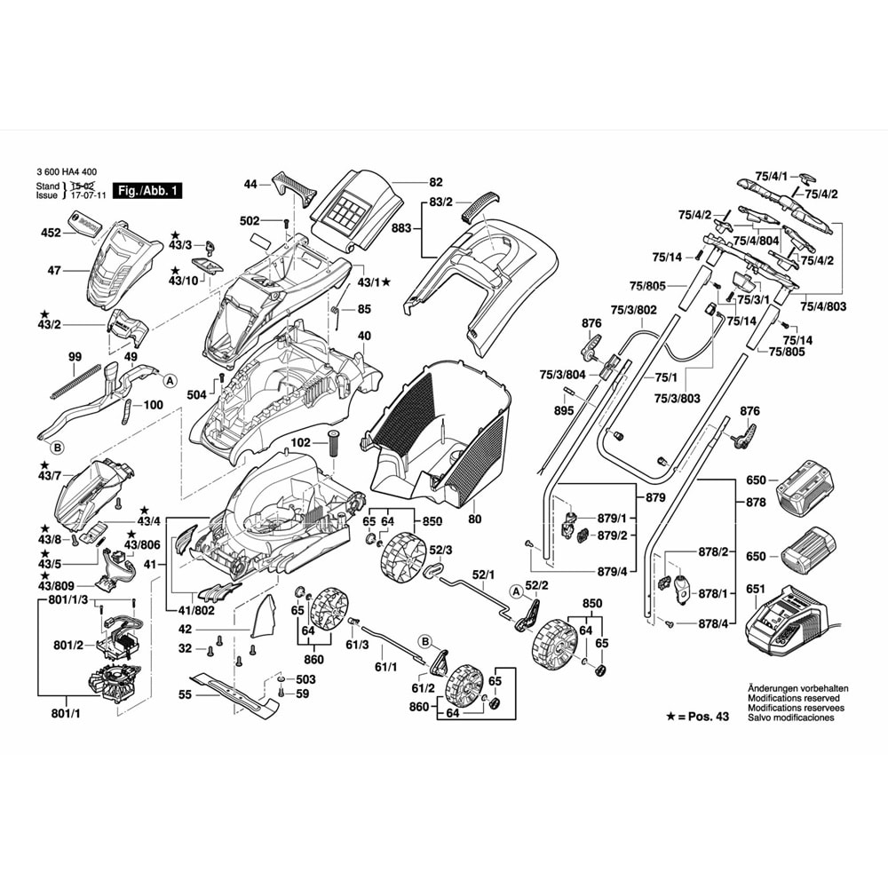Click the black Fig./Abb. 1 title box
coord(147,190)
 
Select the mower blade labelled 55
coord(234,694)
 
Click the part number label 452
coord(51,233)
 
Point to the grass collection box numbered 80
coord(437,436)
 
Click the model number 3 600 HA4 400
coord(67,172)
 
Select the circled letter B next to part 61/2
coord(425,642)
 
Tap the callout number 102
coord(301,441)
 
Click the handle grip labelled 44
coord(294,186)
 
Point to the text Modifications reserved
coord(793,698)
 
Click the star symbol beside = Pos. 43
coord(670,717)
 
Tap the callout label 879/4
coord(612,571)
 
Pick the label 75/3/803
coord(677,398)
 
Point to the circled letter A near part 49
coord(170,381)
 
